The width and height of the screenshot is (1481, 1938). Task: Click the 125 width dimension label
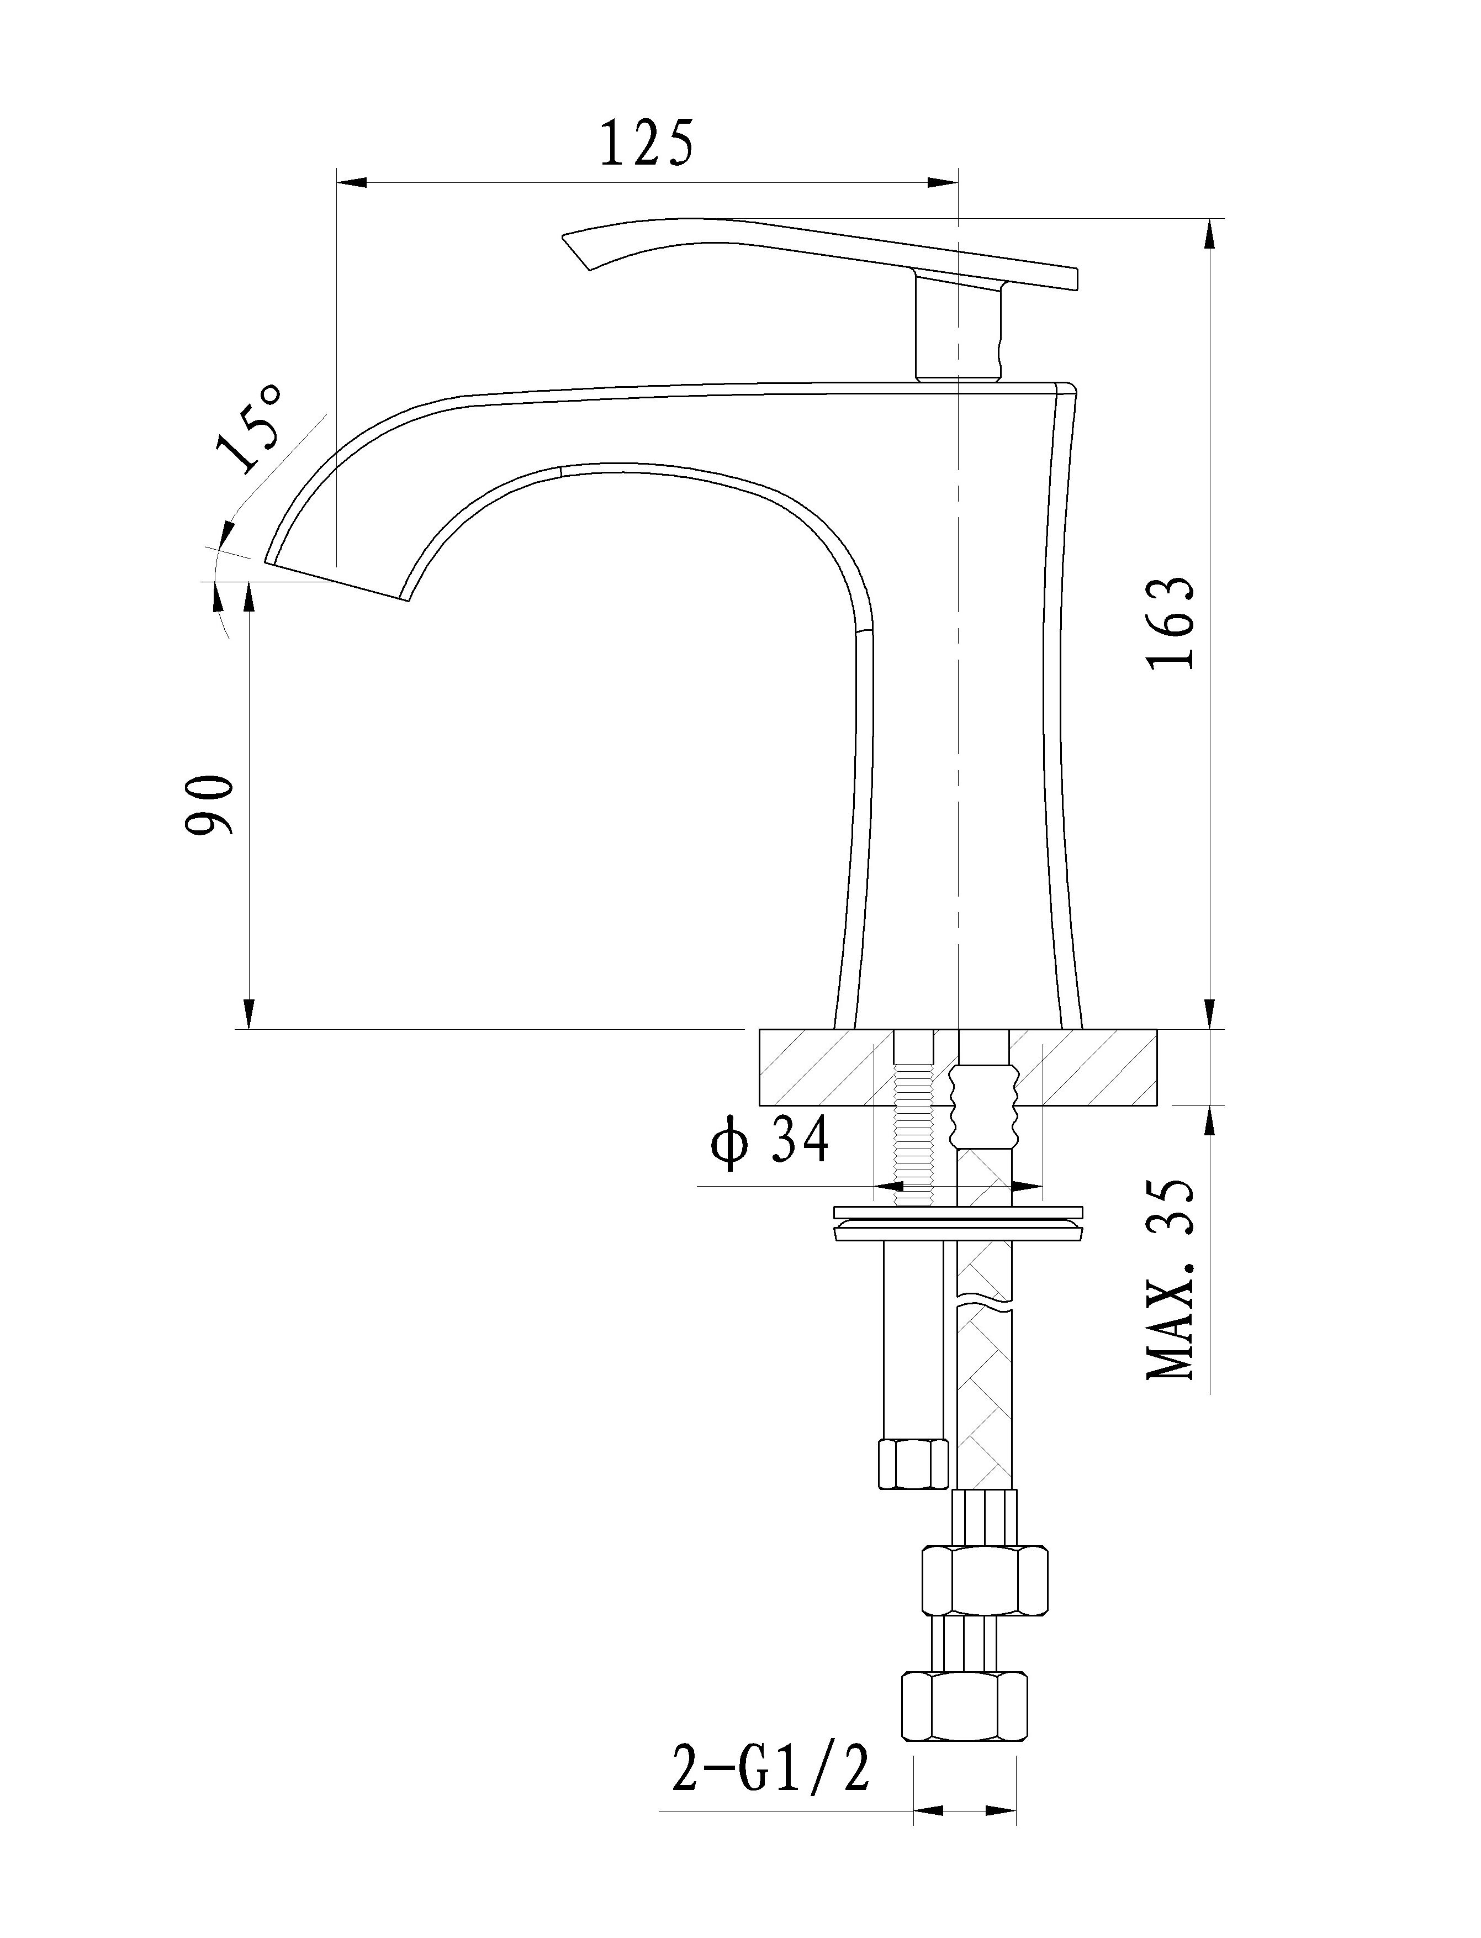[647, 143]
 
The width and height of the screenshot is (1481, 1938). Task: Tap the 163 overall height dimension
[1172, 623]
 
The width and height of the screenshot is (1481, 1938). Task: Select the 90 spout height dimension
[210, 804]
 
